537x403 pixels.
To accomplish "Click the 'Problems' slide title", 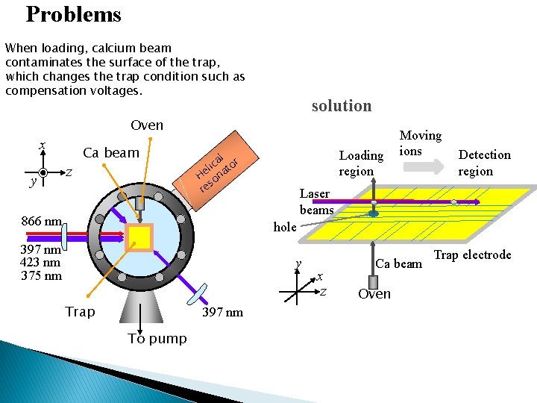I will click(x=73, y=15).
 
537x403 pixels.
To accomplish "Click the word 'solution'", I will click(x=341, y=106).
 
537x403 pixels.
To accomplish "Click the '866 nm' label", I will click(x=42, y=221).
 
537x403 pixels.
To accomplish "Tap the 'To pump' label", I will click(x=157, y=338).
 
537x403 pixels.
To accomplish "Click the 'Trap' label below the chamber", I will click(x=80, y=311).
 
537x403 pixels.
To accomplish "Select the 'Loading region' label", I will click(x=361, y=163).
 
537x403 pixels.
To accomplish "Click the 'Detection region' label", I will click(x=484, y=162).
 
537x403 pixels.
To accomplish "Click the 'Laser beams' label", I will click(x=315, y=201).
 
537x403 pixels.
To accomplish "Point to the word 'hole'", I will click(x=285, y=227).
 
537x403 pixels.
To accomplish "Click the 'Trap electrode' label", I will click(x=472, y=255).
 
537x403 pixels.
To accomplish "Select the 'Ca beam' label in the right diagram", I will click(x=398, y=263).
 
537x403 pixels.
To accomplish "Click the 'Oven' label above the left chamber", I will click(x=147, y=125).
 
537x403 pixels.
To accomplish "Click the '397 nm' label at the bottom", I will click(x=222, y=312).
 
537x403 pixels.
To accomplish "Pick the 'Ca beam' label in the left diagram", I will click(x=111, y=153).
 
